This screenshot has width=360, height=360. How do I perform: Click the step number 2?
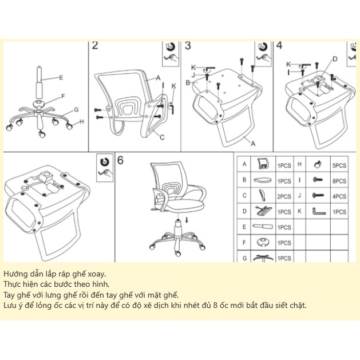point(96,46)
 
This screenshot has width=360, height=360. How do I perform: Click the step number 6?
point(121,160)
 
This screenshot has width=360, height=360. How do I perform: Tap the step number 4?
point(279,46)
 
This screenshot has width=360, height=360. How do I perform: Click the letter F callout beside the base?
point(62,96)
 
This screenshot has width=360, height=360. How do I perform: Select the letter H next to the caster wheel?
point(82,121)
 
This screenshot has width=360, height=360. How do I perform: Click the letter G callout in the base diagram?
point(76,110)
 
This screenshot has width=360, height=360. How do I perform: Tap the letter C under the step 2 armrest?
point(162,137)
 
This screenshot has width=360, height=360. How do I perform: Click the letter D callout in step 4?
point(335,58)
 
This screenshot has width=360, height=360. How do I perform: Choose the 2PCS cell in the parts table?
point(284,196)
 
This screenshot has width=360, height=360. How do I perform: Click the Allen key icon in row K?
point(318,212)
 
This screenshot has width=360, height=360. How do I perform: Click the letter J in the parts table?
point(299,196)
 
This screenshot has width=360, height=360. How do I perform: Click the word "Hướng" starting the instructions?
point(15,274)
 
